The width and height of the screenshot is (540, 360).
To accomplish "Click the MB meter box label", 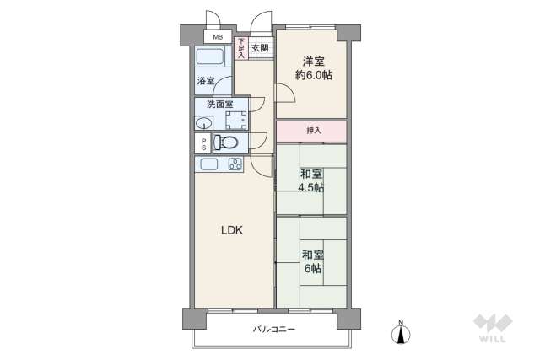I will click(218, 37).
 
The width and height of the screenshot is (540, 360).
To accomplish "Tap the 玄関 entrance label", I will click(260, 48).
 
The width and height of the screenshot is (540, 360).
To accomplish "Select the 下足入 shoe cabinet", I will click(240, 48).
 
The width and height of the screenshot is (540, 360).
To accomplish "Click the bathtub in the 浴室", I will click(210, 59).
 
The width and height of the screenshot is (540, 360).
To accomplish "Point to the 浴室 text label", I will click(206, 81).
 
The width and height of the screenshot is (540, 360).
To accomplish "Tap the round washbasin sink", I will click(204, 123).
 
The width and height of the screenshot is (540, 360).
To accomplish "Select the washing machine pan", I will click(235, 119).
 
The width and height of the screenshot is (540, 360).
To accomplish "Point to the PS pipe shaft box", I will click(202, 143).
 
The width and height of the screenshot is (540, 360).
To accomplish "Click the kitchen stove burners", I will click(235, 164).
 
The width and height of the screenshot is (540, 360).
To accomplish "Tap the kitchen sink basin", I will click(209, 164).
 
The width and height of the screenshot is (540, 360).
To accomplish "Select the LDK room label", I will click(233, 229).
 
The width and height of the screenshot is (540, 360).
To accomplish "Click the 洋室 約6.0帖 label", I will click(312, 67).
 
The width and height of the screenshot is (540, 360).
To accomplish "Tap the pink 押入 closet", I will click(311, 131).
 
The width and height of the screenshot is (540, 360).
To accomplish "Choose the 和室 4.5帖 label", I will click(311, 180).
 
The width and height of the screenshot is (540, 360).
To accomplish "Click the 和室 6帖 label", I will click(311, 261).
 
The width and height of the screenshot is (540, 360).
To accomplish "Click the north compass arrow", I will click(402, 332).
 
